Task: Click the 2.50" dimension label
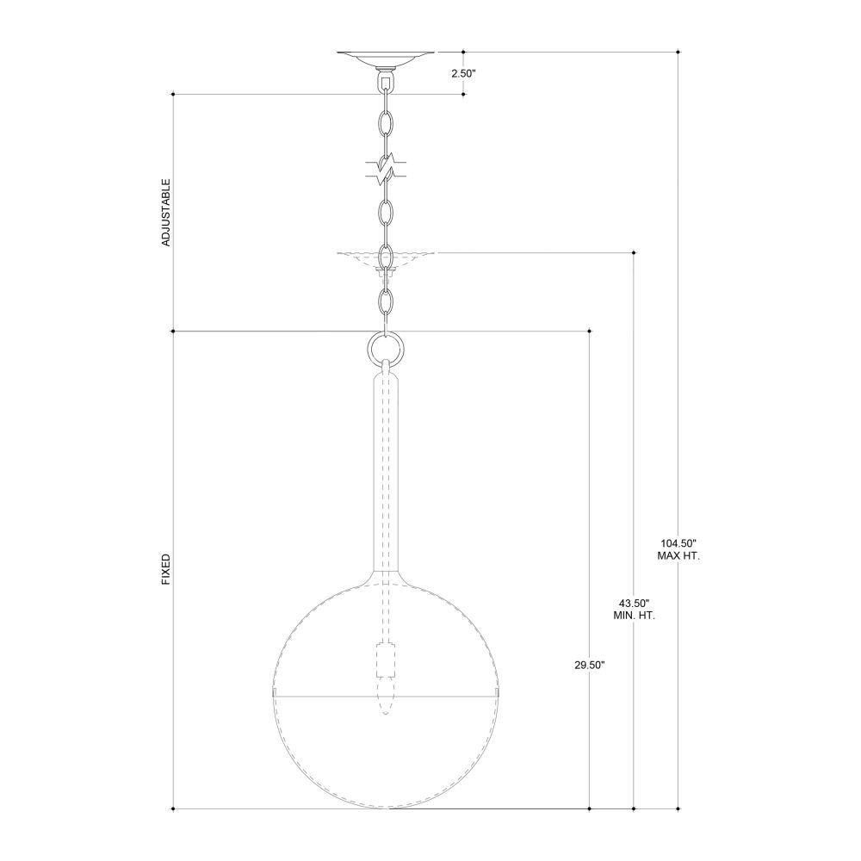(463, 73)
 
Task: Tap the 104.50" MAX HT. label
(678, 549)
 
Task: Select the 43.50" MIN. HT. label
(635, 609)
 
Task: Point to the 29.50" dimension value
(590, 665)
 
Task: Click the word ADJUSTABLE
(166, 213)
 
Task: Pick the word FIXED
(166, 569)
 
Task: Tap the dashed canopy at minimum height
(386, 260)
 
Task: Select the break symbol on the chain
(387, 170)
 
